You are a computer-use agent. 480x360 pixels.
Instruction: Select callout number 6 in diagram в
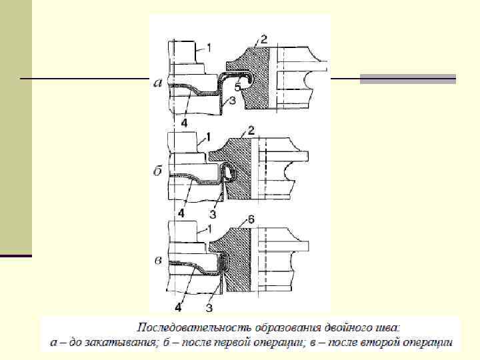pos(251,219)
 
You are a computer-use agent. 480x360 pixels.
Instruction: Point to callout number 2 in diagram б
pos(251,129)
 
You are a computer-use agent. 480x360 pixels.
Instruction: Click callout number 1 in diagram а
pos(209,47)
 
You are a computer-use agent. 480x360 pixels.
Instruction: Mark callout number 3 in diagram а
pos(231,101)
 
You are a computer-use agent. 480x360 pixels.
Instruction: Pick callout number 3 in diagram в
pos(209,307)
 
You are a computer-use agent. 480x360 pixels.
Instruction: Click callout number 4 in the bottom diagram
pos(178,307)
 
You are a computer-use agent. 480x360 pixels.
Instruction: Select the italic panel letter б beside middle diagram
pos(158,171)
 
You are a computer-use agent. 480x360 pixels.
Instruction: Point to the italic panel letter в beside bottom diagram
pos(158,259)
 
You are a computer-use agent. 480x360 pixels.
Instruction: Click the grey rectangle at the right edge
pos(407,79)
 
